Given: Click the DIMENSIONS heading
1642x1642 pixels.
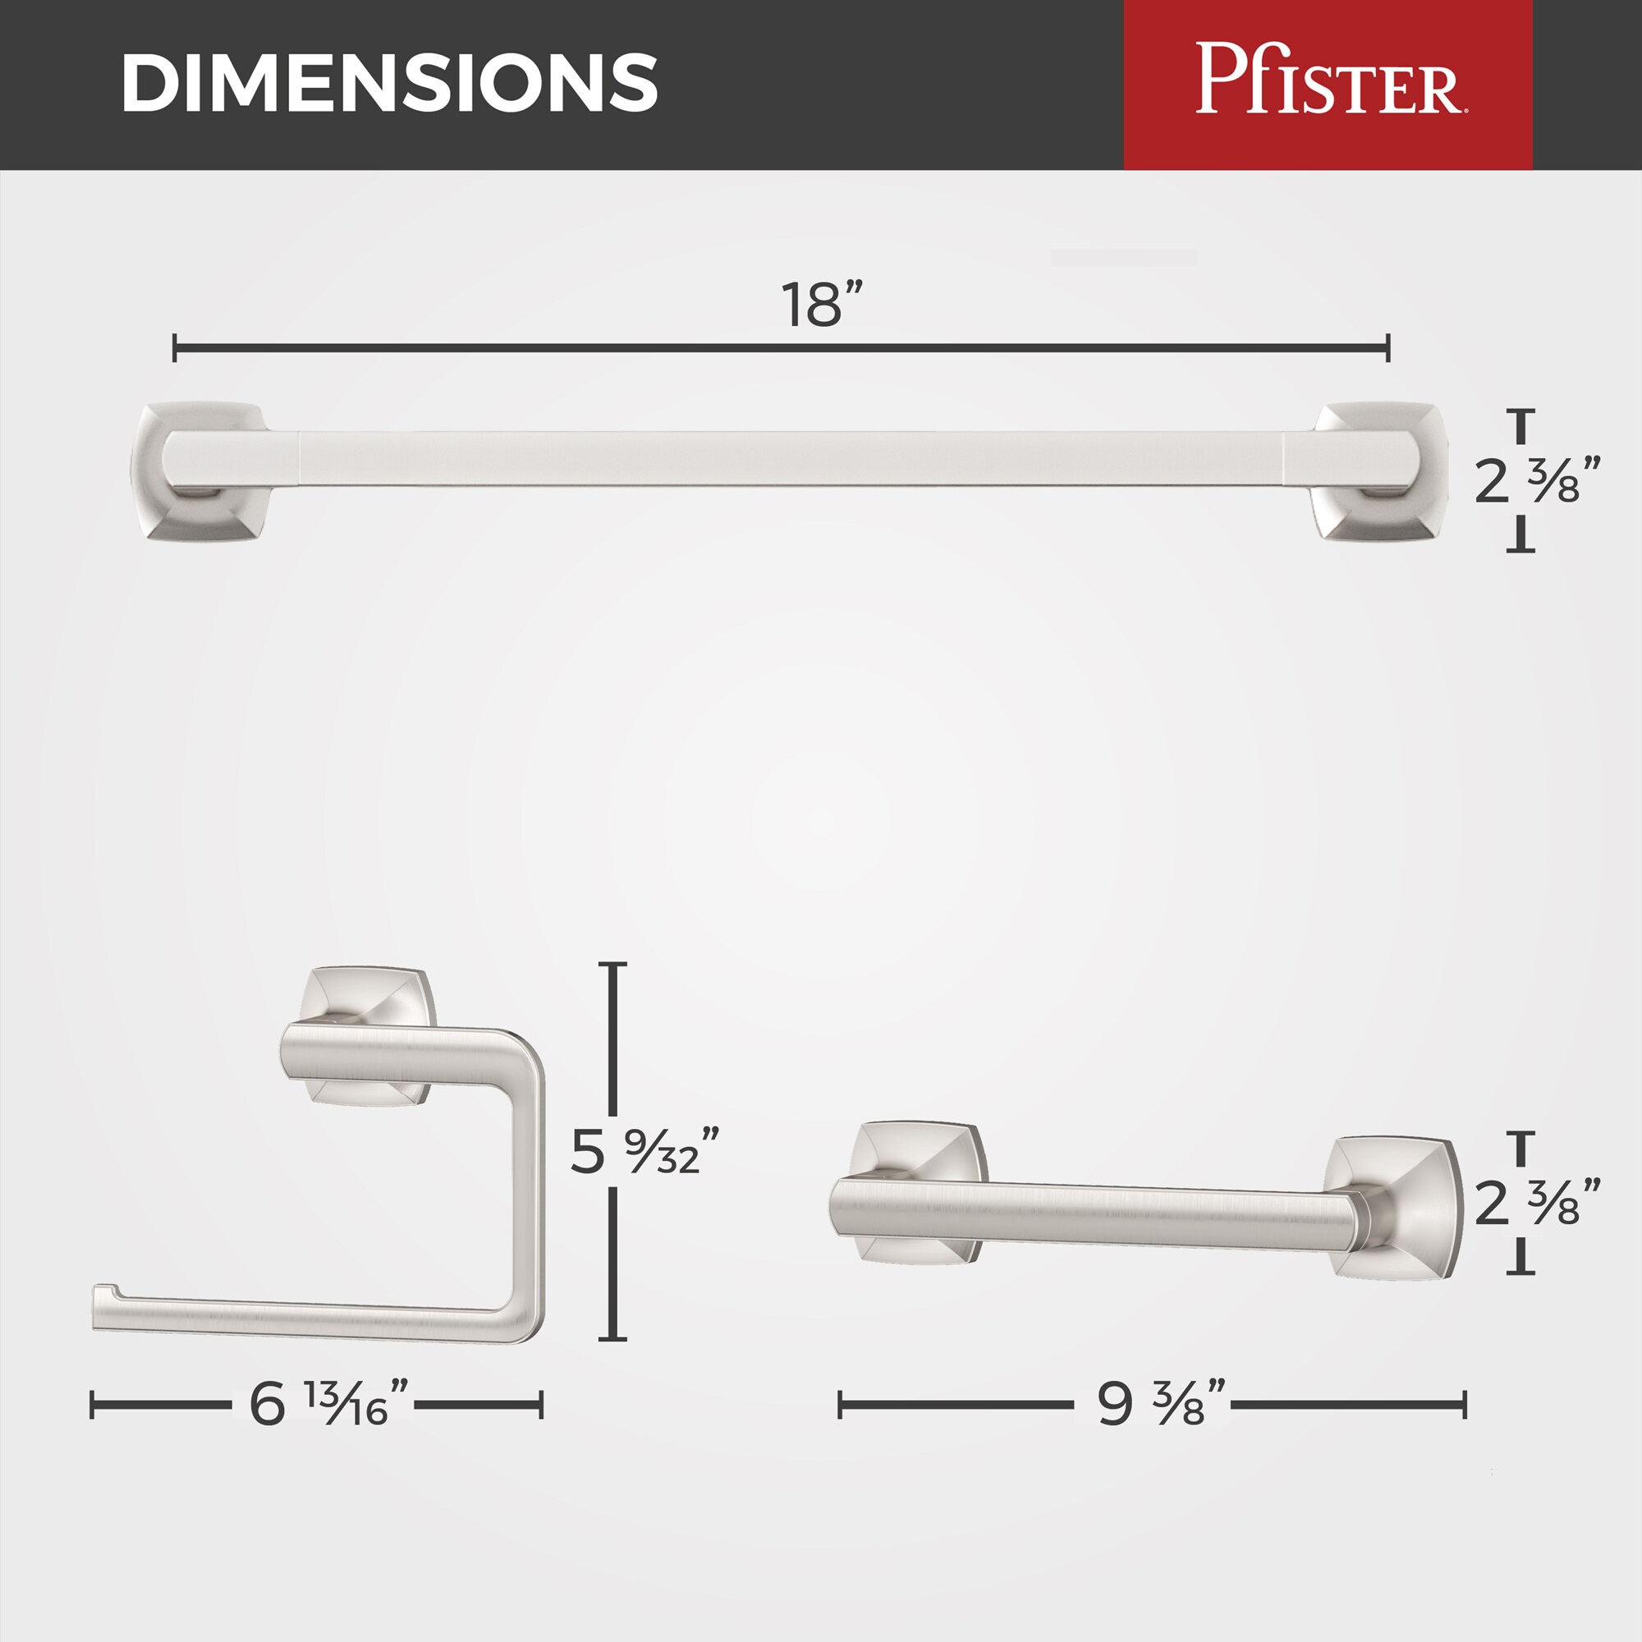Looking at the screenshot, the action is (389, 82).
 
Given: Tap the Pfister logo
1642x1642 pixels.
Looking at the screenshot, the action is (1332, 79).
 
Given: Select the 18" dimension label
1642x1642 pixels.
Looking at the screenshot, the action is (822, 305).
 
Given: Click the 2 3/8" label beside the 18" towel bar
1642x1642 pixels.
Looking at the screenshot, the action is (1539, 481).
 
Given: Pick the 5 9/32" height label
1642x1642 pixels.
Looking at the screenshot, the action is (645, 1152).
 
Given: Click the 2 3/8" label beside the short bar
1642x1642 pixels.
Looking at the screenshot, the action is (1539, 1203).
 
